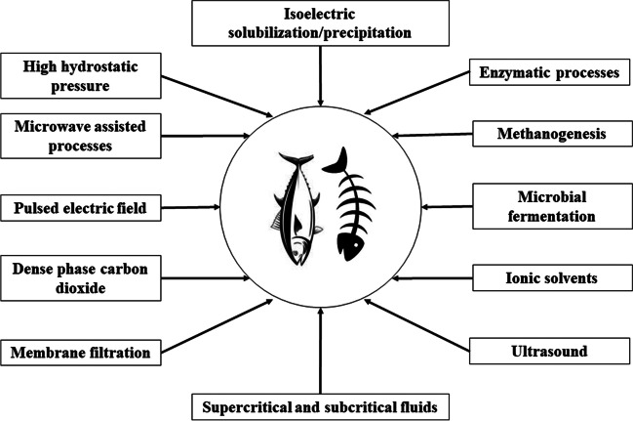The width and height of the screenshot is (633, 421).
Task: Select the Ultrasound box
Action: coord(553,350)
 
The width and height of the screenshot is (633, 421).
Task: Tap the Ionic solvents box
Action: coord(553,277)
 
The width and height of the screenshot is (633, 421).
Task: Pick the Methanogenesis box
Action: coord(553,131)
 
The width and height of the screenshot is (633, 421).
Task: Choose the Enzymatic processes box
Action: coord(553,74)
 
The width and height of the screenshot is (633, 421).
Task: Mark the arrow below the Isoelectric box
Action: coord(320,79)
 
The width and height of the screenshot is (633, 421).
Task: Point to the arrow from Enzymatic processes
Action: coord(428,97)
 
